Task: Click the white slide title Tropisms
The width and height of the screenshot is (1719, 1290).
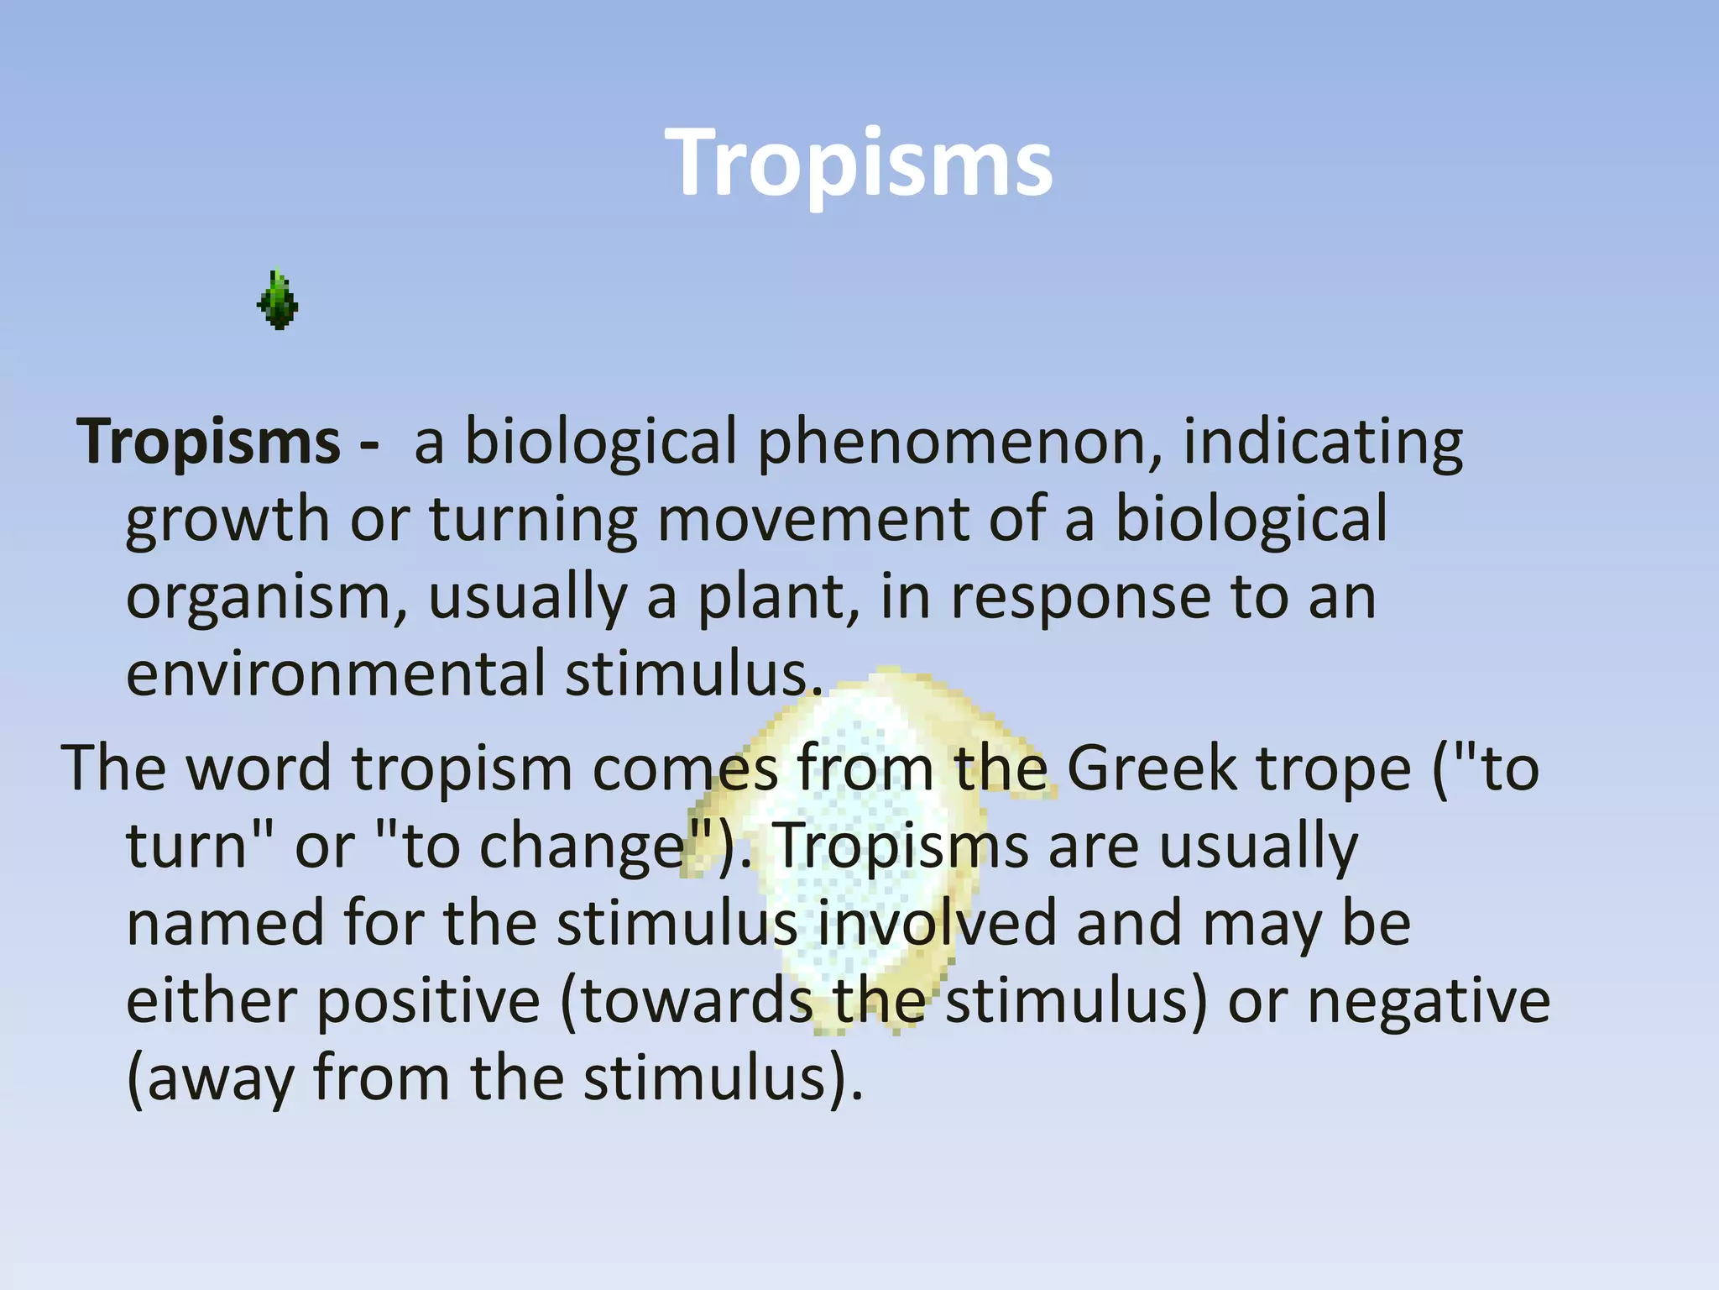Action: tap(859, 163)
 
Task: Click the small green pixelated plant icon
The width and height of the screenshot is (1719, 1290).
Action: tap(278, 300)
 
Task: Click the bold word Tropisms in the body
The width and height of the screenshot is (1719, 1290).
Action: tap(208, 441)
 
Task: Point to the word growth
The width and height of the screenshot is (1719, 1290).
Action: tap(227, 520)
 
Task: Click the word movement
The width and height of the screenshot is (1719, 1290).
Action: tap(812, 518)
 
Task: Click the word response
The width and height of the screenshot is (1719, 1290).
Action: tap(1080, 598)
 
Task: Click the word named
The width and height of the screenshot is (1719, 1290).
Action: tap(225, 923)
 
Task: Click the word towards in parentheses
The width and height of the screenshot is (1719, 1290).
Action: tap(696, 1001)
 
